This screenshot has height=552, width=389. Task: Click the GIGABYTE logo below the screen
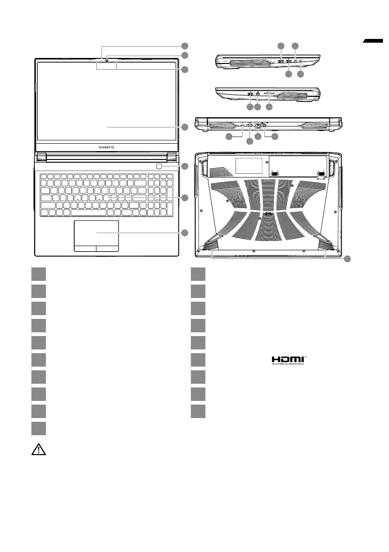[107, 146]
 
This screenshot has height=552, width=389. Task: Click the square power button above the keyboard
[159, 166]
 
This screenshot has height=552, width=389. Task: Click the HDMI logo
[288, 360]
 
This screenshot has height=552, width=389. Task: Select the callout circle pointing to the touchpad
[185, 233]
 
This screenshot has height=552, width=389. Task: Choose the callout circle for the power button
[185, 166]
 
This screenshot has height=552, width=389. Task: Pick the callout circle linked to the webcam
[185, 55]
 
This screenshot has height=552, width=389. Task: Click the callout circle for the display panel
[185, 127]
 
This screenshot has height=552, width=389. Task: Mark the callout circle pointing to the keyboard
[185, 198]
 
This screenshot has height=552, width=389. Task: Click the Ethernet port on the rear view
[258, 125]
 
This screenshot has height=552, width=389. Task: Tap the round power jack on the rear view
[265, 125]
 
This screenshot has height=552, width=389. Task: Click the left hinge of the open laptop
[41, 157]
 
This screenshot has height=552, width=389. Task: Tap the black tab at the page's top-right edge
[375, 42]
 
